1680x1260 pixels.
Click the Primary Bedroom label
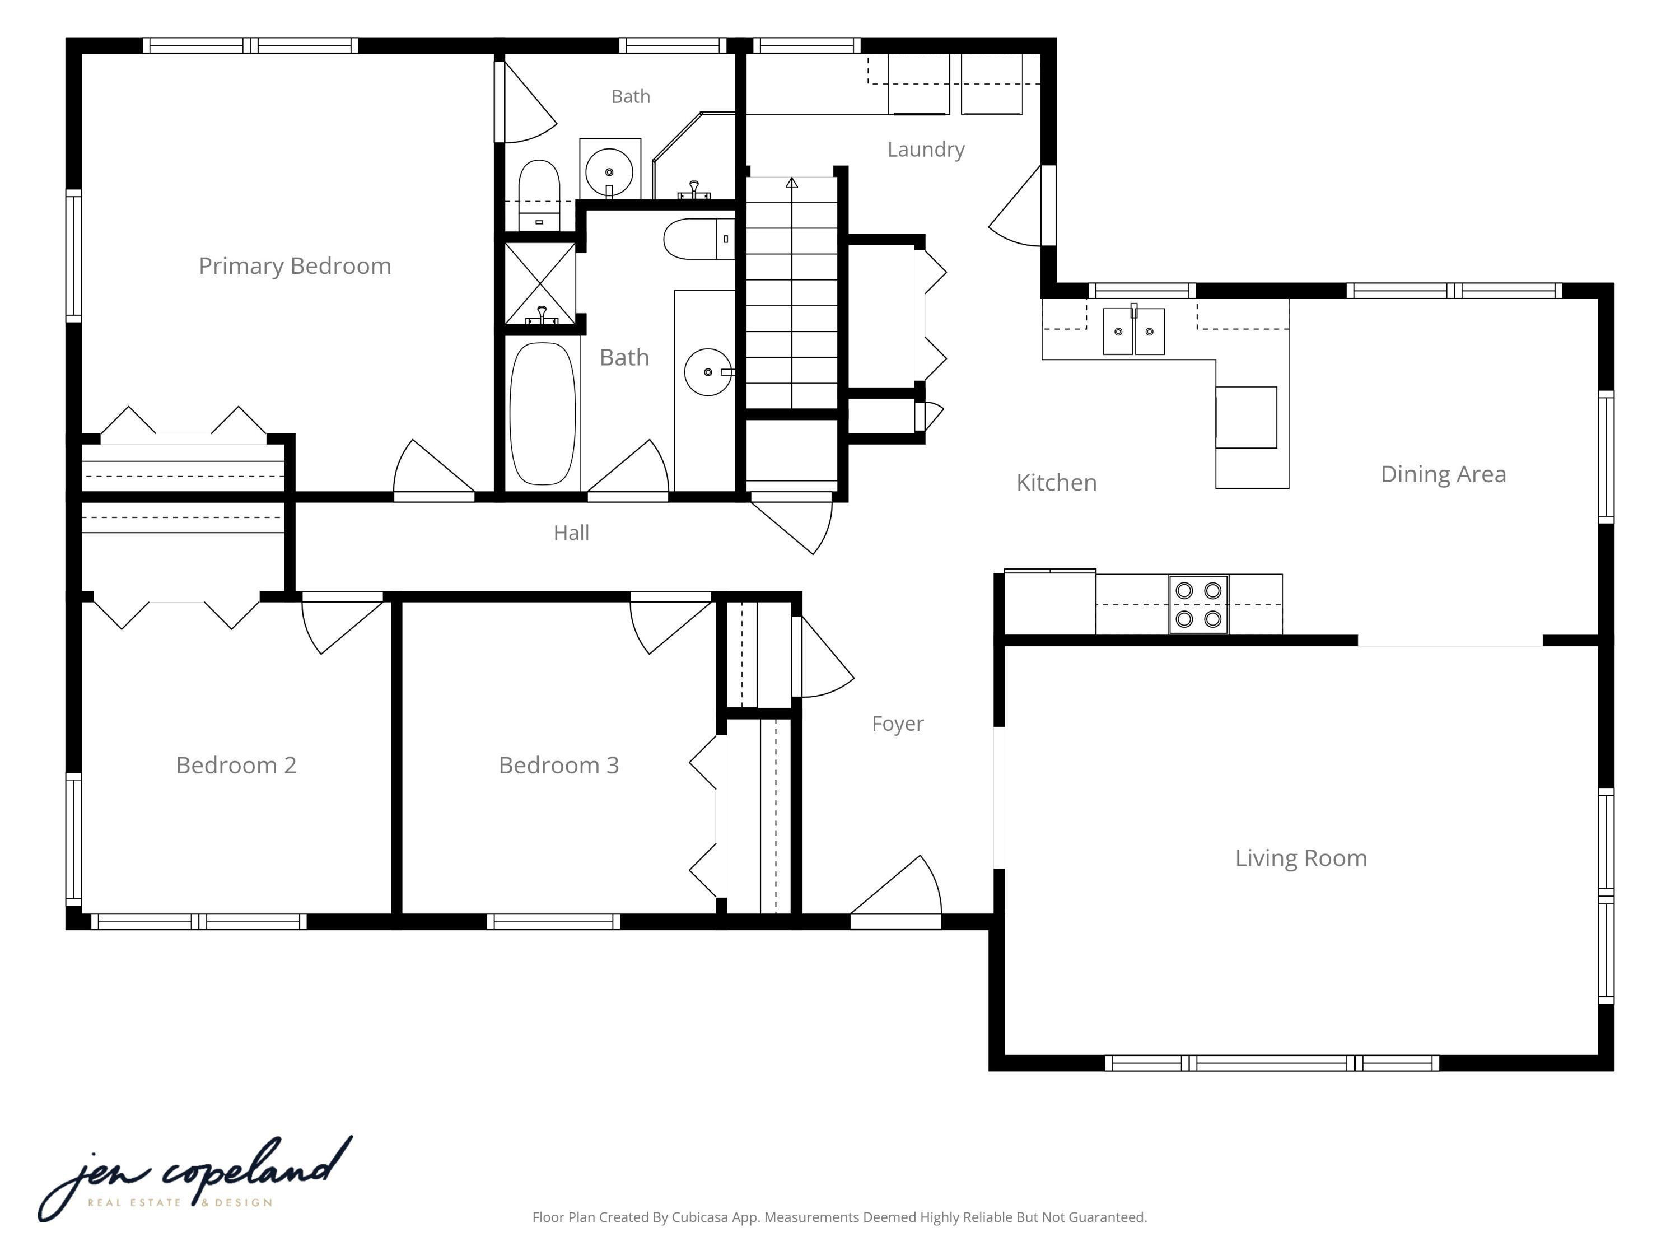coord(295,267)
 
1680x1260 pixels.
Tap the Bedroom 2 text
coord(236,765)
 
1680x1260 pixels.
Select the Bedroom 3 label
coord(559,765)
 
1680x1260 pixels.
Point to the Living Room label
coord(1301,859)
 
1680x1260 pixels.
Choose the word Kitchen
coord(1057,482)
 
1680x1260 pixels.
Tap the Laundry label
coord(926,150)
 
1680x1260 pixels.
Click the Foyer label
coord(898,724)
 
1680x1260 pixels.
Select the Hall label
coord(571,533)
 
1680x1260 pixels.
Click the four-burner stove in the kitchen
coord(1198,605)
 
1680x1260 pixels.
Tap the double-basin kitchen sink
coord(1134,331)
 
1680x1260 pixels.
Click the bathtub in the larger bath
coord(542,414)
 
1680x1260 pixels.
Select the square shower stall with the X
coord(540,283)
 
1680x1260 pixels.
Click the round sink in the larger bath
coord(708,372)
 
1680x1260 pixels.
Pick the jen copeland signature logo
coord(195,1179)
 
